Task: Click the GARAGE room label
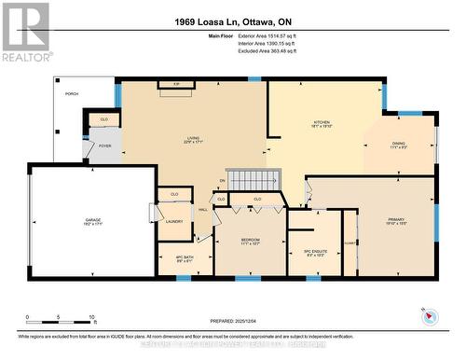click(93, 220)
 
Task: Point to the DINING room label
click(400, 145)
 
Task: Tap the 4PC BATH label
click(185, 258)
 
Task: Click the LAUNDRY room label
click(174, 221)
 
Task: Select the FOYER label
click(104, 145)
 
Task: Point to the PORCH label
click(71, 94)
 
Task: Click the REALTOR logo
click(25, 32)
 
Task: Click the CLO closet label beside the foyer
click(104, 119)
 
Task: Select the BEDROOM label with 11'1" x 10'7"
click(250, 241)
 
